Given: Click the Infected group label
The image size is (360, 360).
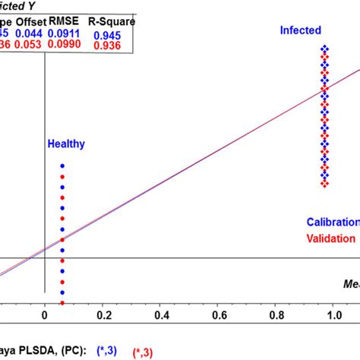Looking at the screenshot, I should click(x=301, y=31).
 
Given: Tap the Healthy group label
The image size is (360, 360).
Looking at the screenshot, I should click(x=66, y=144).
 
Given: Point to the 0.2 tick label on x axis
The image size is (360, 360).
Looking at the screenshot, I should click(x=103, y=314).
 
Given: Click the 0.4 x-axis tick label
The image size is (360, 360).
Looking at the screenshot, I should click(x=161, y=314).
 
